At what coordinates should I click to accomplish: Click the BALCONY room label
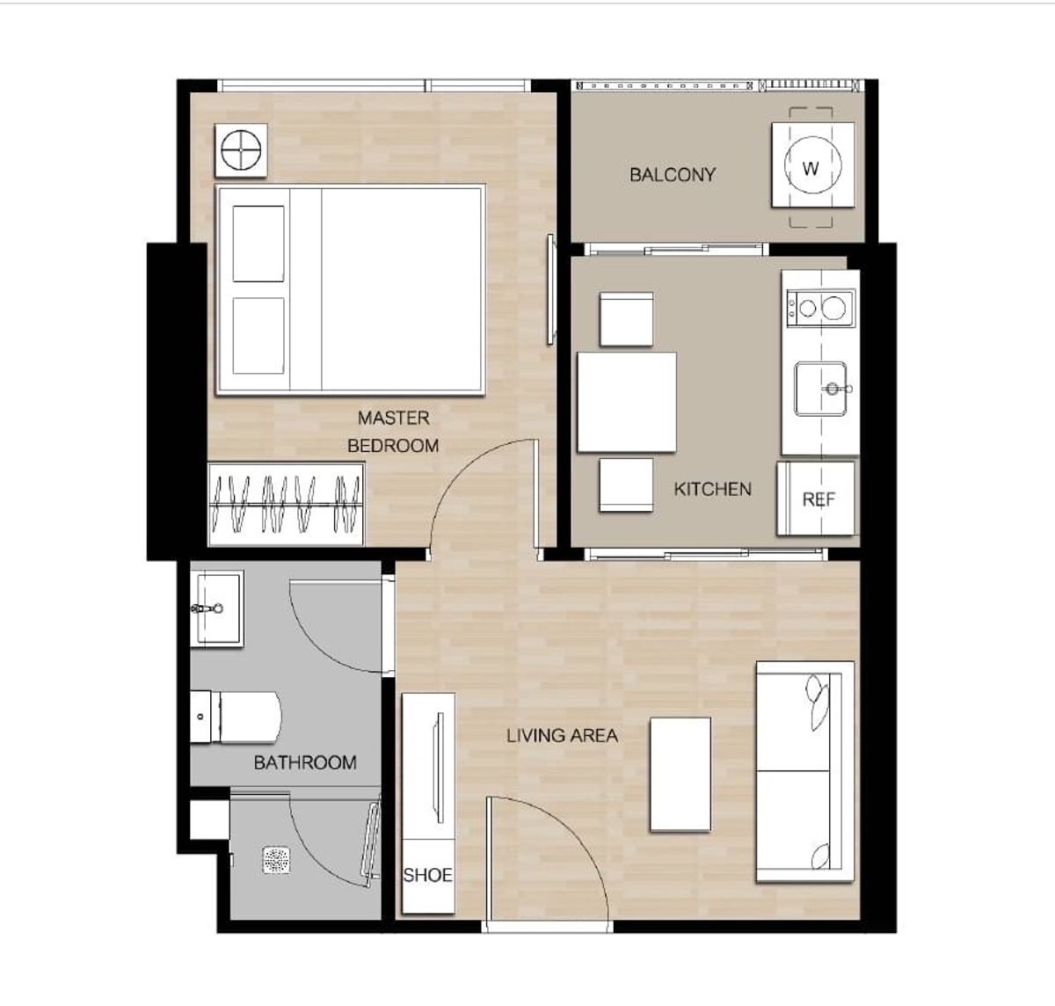pos(673,174)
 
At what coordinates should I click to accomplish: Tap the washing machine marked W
pos(812,164)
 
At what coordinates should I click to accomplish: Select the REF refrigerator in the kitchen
pos(816,499)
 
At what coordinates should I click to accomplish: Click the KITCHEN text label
pos(712,489)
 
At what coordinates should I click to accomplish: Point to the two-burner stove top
pos(820,308)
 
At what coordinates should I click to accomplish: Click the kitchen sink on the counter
pos(821,389)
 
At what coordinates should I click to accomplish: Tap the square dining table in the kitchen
pos(626,402)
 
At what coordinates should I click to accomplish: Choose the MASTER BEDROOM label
pos(393,432)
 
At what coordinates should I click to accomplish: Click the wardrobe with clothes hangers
pos(286,505)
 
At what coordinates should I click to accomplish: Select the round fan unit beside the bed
pos(241,150)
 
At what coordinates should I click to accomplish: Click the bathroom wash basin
pos(217,609)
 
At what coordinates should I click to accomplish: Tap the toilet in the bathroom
pos(235,717)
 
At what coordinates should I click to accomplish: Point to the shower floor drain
pos(277,860)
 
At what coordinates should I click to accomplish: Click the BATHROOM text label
pos(305,762)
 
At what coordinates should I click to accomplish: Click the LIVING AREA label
pos(562,735)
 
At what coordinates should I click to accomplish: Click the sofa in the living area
pos(804,772)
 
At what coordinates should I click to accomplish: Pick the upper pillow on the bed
pos(258,244)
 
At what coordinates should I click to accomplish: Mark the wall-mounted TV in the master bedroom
pos(550,289)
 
